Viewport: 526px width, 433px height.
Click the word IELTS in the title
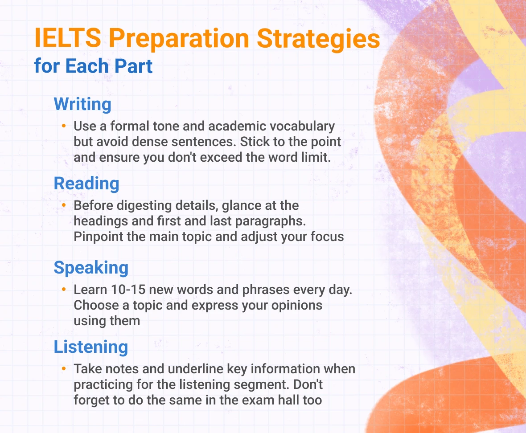(68, 39)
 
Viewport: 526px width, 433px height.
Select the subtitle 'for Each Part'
(93, 66)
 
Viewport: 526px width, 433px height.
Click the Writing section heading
(82, 105)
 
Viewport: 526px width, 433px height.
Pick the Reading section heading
(86, 184)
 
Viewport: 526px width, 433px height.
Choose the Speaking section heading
(91, 267)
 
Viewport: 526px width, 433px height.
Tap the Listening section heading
(91, 347)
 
